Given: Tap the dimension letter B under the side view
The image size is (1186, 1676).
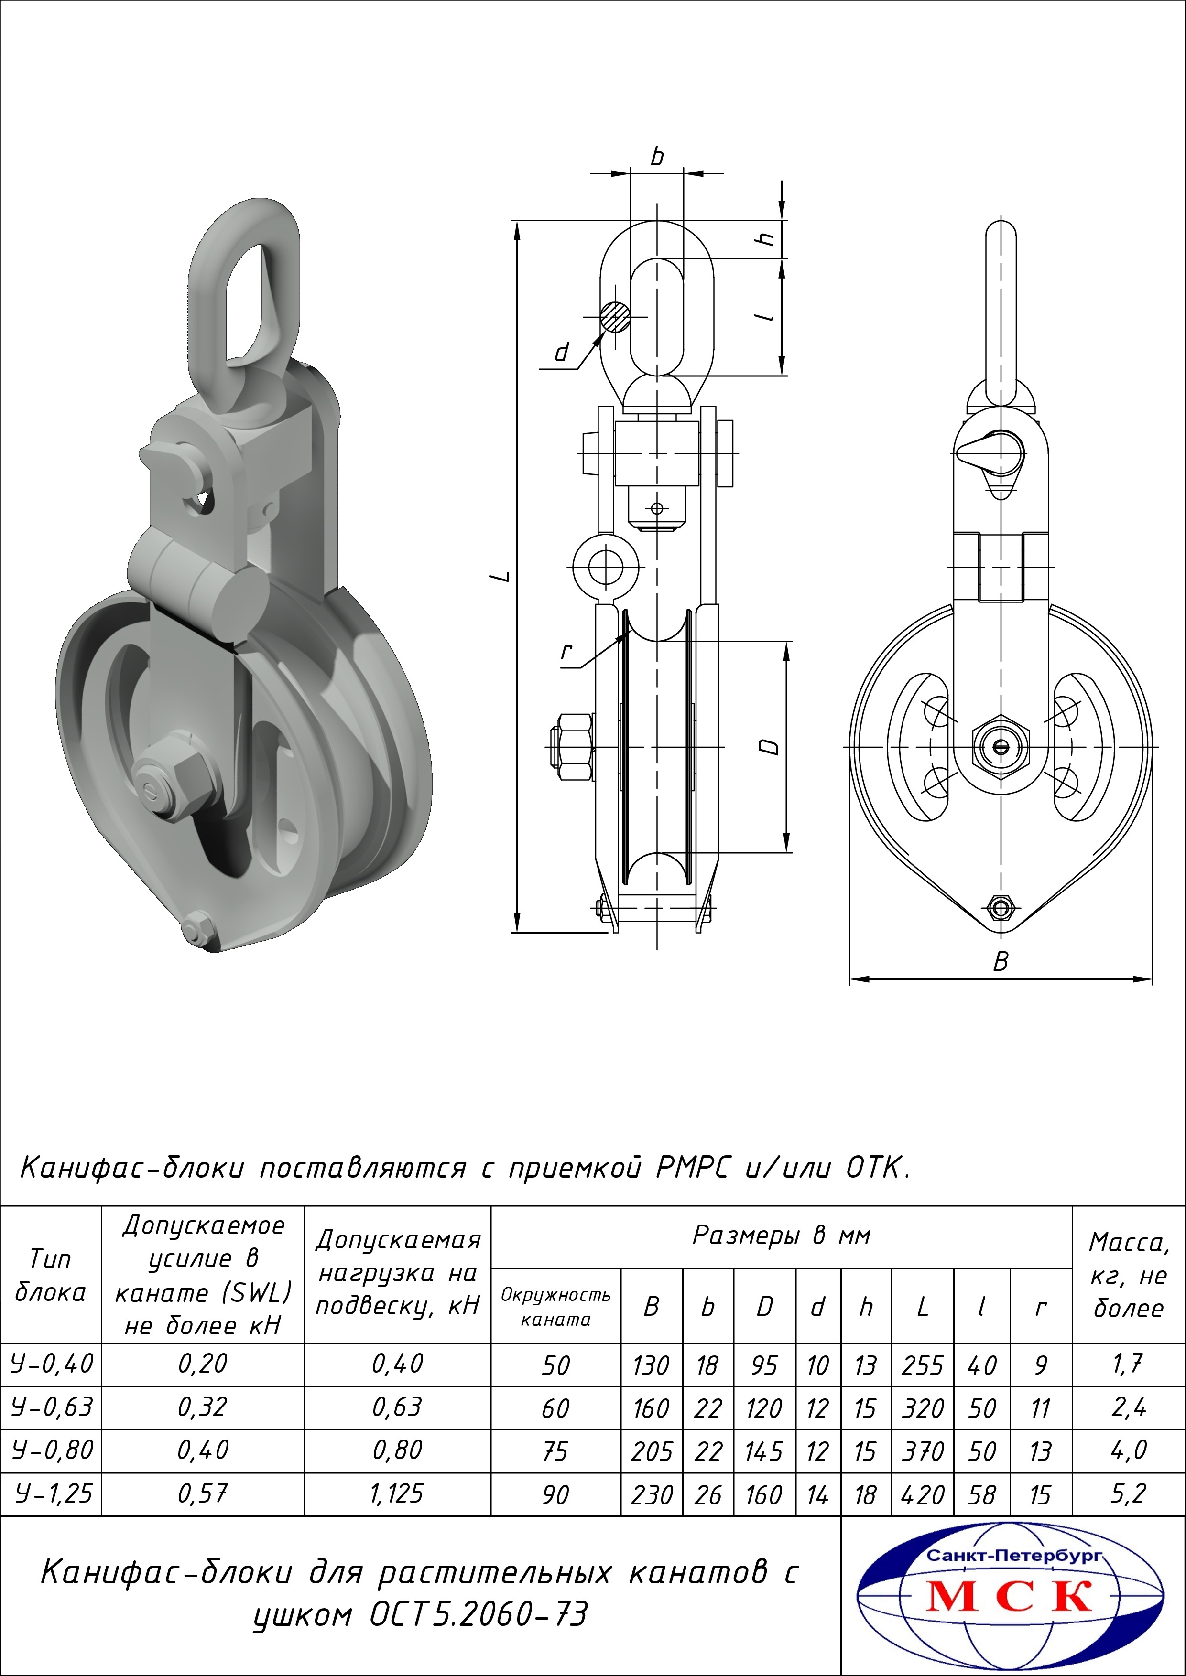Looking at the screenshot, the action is coord(1001,961).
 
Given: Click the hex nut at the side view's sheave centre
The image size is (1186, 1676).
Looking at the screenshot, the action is coord(1001,746).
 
